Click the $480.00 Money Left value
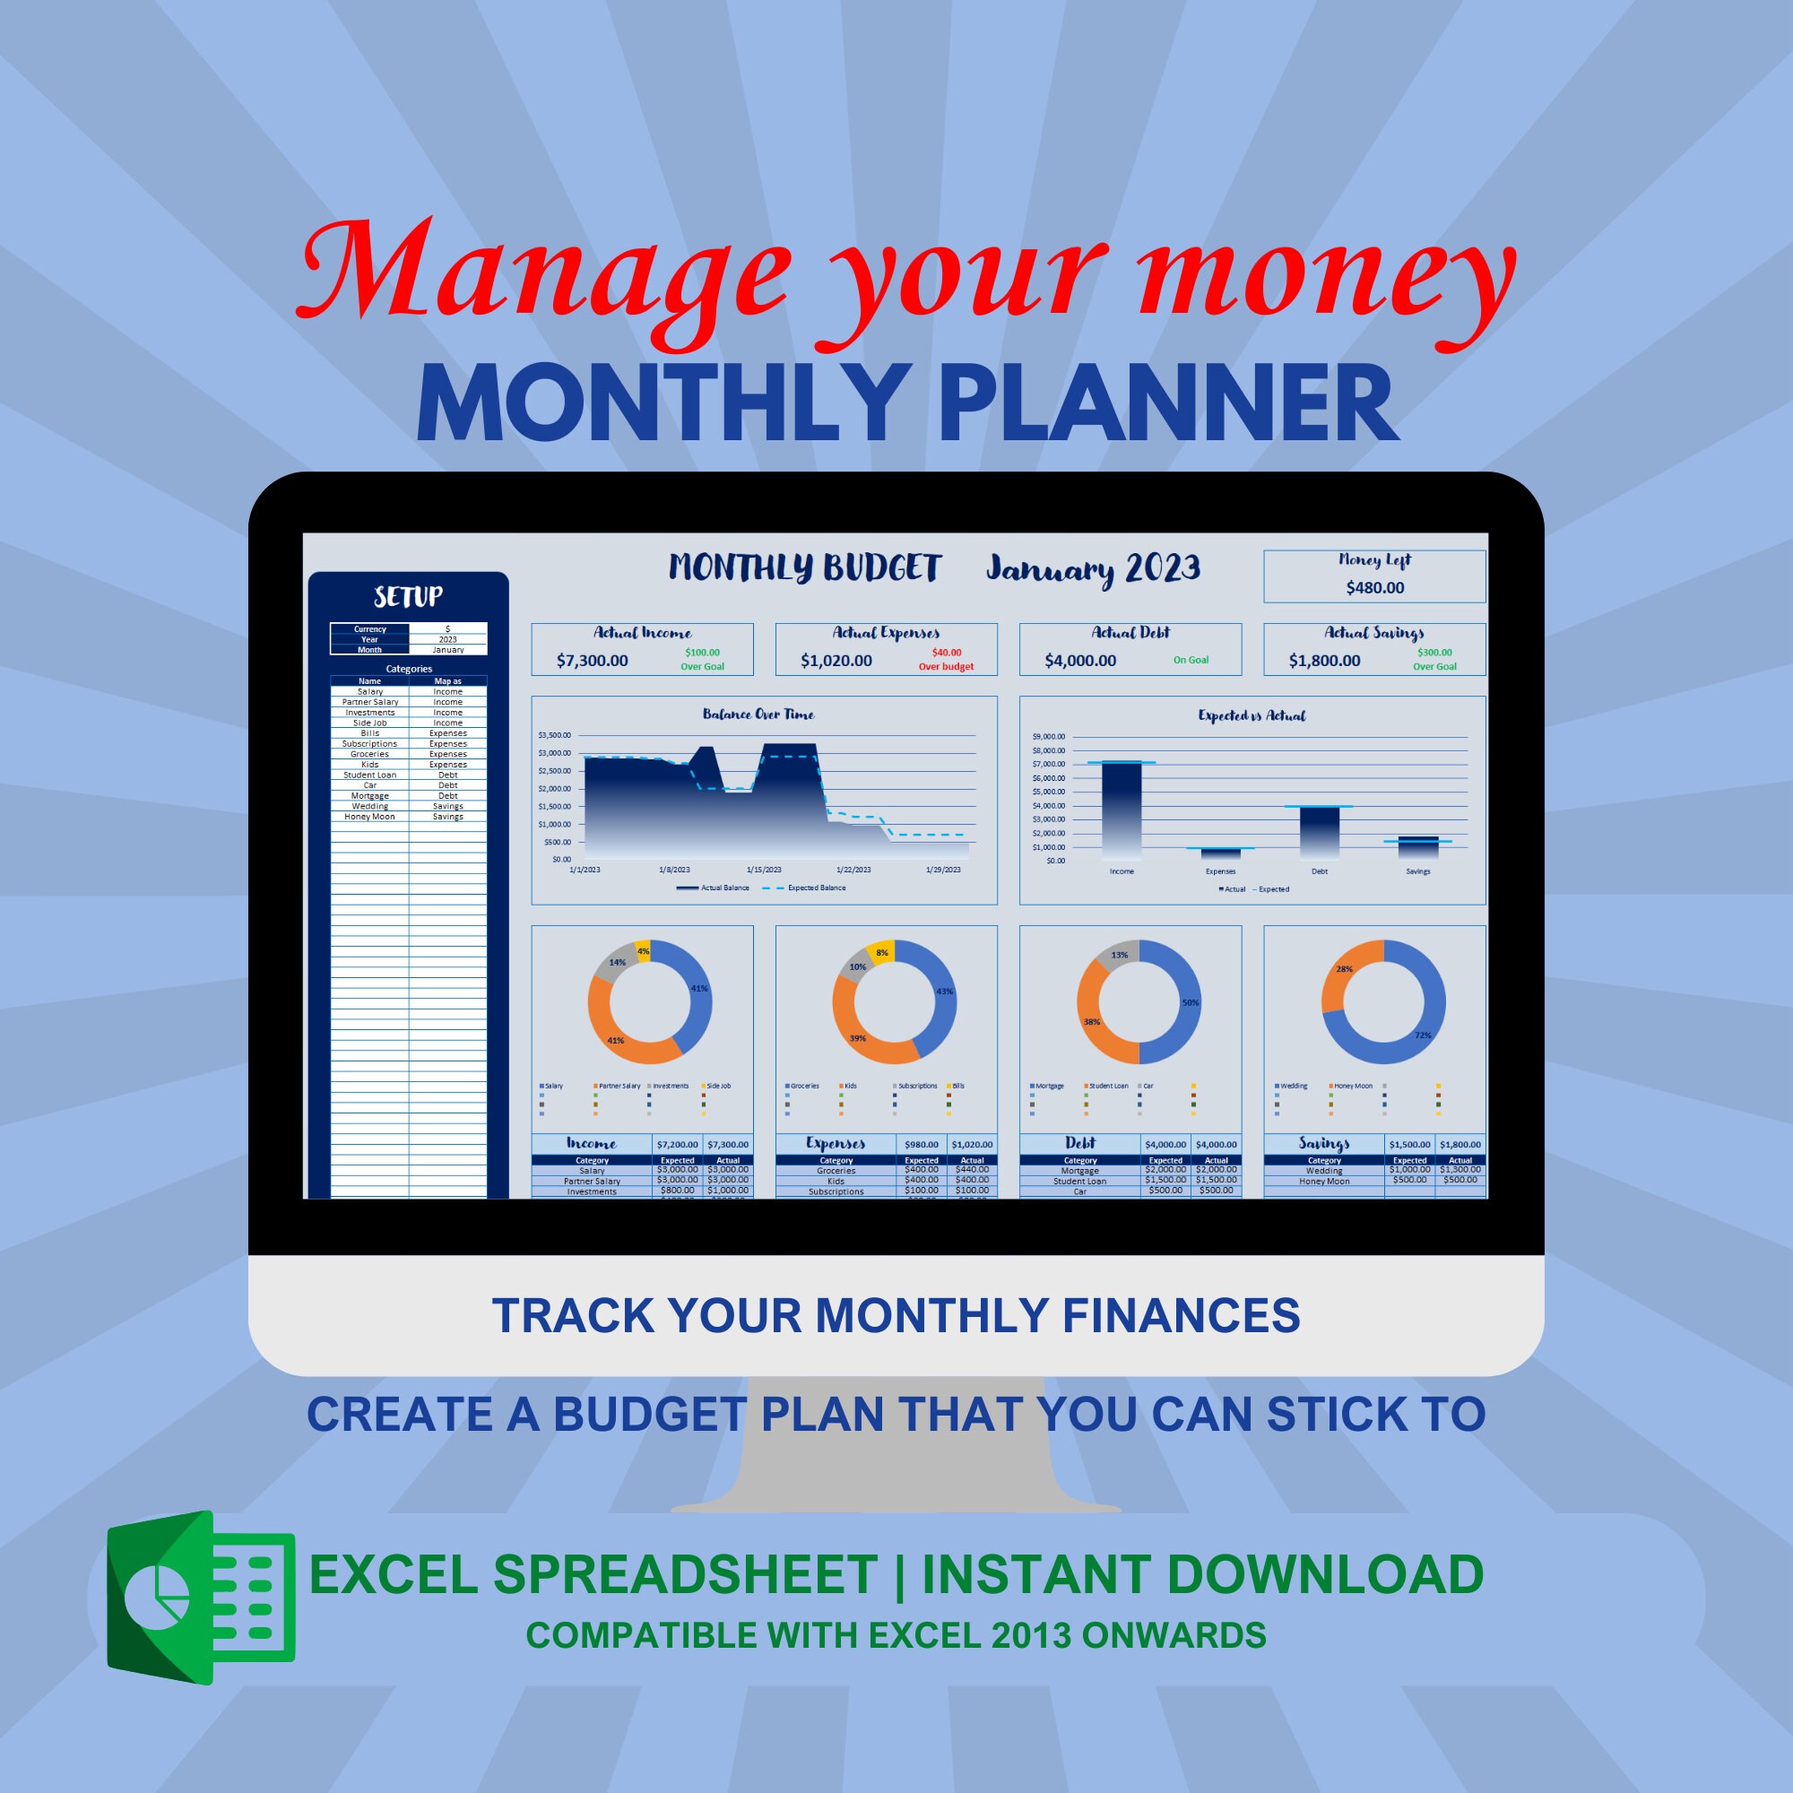(x=1374, y=587)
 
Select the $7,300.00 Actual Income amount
(x=592, y=661)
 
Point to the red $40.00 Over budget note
(x=946, y=659)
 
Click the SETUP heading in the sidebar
(x=408, y=597)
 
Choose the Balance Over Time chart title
(x=758, y=715)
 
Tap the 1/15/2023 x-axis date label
(x=764, y=870)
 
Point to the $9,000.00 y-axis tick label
(x=1049, y=737)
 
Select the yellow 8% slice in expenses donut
(x=880, y=953)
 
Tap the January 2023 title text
(x=1092, y=568)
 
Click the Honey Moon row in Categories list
(x=370, y=817)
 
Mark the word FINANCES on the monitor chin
(x=1181, y=1316)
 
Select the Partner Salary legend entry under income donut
(x=618, y=1086)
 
